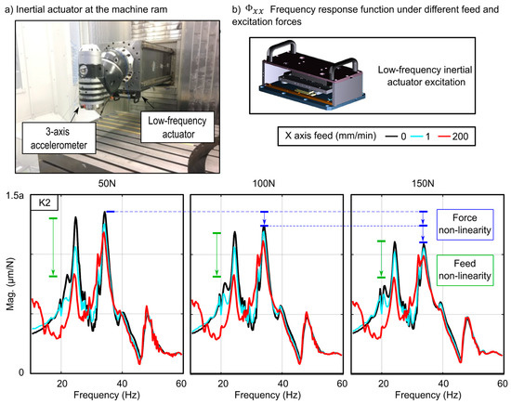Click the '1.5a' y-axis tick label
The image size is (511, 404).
tap(14, 198)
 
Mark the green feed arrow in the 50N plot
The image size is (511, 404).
tap(53, 246)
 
